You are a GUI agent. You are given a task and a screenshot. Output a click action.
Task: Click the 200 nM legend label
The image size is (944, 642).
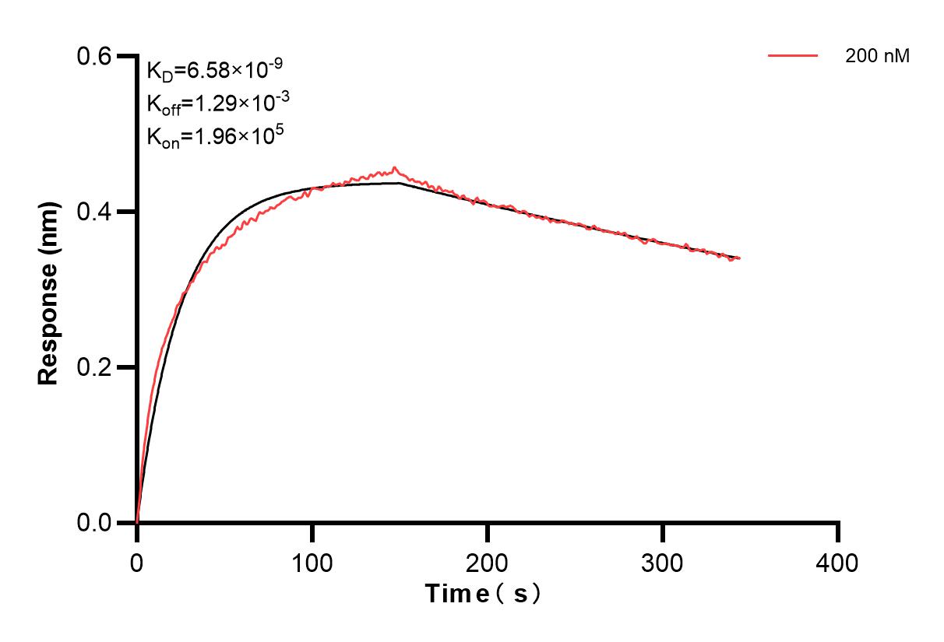click(x=878, y=56)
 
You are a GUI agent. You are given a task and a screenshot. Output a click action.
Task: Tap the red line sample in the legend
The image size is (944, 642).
click(x=793, y=56)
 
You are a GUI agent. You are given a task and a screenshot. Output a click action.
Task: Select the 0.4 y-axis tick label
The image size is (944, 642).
click(x=94, y=212)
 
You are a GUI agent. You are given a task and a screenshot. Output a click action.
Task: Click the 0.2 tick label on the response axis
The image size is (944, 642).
click(x=94, y=367)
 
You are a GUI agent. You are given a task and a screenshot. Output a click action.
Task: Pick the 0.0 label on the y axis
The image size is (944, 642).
click(x=94, y=522)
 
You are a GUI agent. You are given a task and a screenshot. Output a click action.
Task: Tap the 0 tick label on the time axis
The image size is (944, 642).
click(x=137, y=562)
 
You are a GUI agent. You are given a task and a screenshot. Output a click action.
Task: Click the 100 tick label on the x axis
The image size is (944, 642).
click(x=312, y=562)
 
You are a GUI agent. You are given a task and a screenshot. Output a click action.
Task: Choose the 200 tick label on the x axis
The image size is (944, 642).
click(x=488, y=562)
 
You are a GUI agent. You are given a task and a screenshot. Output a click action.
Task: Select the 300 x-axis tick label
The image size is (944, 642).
click(x=663, y=562)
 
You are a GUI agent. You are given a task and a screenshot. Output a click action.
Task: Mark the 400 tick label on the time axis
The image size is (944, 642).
click(x=838, y=562)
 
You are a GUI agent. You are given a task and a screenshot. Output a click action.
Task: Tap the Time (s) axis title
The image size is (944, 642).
click(x=483, y=595)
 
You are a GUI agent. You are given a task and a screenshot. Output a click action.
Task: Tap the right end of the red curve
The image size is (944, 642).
click(x=740, y=258)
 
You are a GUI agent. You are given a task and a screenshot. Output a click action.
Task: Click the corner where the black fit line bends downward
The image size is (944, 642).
click(x=400, y=183)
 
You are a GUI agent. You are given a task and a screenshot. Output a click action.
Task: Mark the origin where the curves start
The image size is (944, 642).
click(x=137, y=522)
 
